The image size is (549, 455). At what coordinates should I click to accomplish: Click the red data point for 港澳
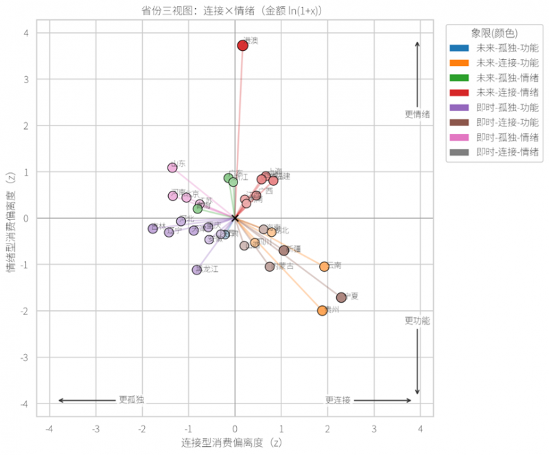[x=242, y=45]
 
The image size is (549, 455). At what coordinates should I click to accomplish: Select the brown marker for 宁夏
[x=341, y=297]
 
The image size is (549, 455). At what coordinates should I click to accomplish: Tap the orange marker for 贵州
[x=323, y=310]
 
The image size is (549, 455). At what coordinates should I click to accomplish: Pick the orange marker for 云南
[x=324, y=266]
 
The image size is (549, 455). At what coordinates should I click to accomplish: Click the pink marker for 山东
[x=172, y=167]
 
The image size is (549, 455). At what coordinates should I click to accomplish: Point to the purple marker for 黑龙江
[x=196, y=270]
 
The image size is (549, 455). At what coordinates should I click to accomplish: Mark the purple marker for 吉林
[x=153, y=229]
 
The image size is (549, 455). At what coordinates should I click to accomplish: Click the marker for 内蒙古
[x=270, y=266]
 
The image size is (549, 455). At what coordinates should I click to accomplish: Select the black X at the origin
[x=235, y=218]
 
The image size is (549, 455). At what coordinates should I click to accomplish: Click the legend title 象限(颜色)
[x=494, y=33]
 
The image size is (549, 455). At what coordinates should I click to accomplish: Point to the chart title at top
[x=236, y=10]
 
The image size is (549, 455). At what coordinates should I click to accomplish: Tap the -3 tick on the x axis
[x=95, y=429]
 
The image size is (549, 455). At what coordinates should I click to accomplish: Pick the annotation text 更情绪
[x=417, y=114]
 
